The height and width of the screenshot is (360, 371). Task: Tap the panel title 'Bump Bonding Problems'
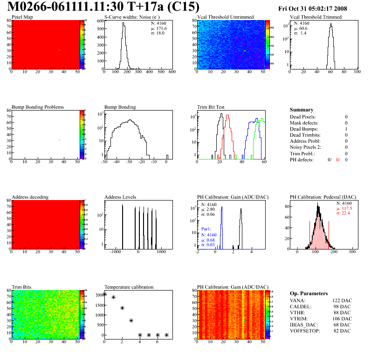[x=38, y=107]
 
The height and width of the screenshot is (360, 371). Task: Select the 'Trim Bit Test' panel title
[x=211, y=107]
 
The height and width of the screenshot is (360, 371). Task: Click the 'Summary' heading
[x=302, y=110]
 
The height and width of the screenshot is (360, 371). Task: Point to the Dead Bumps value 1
[x=346, y=129]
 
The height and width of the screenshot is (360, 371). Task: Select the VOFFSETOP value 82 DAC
[x=343, y=331]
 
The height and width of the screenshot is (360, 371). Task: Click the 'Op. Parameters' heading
[x=309, y=293]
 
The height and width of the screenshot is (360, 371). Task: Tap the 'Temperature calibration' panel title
[x=129, y=287]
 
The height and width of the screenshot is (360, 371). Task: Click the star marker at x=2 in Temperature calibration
[x=122, y=308]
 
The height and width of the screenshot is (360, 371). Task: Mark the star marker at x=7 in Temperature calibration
[x=166, y=335]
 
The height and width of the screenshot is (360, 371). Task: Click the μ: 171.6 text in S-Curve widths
[x=158, y=28]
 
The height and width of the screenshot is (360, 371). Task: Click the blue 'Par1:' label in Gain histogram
[x=207, y=229]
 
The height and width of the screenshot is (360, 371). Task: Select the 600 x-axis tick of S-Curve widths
[x=172, y=72]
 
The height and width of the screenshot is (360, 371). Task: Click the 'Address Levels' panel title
[x=121, y=197]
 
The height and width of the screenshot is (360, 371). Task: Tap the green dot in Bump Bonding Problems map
[x=59, y=140]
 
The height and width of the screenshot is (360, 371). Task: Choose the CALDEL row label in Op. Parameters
[x=300, y=307]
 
